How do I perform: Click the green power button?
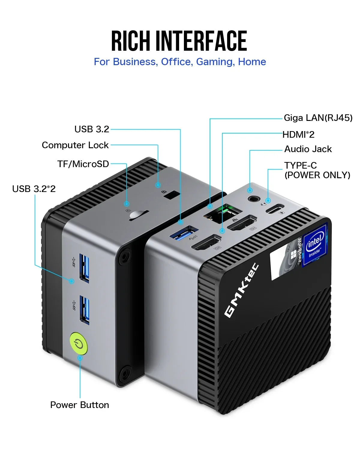pyautogui.click(x=79, y=344)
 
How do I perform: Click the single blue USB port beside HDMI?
pyautogui.click(x=184, y=233)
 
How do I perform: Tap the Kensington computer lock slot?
pyautogui.click(x=172, y=195)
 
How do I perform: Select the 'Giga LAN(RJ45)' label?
pyautogui.click(x=318, y=118)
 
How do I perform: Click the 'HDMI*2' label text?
pyautogui.click(x=298, y=134)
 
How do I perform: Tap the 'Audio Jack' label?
pyautogui.click(x=308, y=149)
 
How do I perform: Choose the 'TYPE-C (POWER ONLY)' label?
pyautogui.click(x=317, y=170)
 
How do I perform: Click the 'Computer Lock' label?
pyautogui.click(x=75, y=145)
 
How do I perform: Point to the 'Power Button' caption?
pyautogui.click(x=79, y=405)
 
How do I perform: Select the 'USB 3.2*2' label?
pyautogui.click(x=34, y=189)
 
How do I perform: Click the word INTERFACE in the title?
pyautogui.click(x=201, y=41)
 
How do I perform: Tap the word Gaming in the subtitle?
pyautogui.click(x=215, y=62)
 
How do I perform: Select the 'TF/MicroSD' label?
pyautogui.click(x=83, y=164)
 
